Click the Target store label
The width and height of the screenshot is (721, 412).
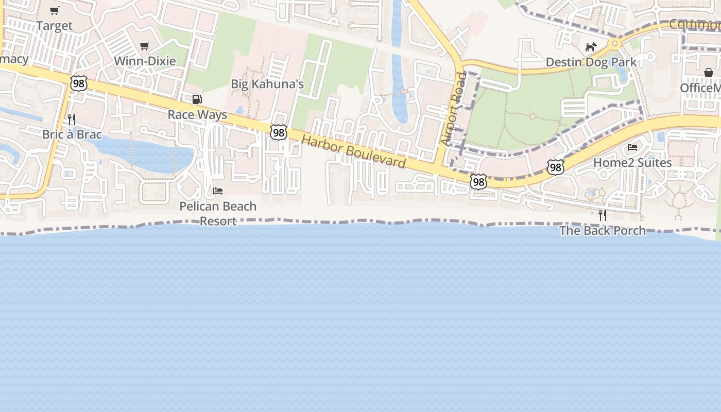pos(54,25)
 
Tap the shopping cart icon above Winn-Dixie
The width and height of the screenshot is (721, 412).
pos(145,46)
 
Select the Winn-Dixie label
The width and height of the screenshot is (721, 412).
pos(145,61)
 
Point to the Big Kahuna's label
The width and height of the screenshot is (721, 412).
pos(267,84)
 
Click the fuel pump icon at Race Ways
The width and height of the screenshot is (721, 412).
pos(197,99)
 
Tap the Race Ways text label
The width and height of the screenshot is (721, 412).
pos(197,114)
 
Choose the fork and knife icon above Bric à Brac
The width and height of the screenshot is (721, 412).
pos(72,119)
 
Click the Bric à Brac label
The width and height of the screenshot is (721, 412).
pos(72,134)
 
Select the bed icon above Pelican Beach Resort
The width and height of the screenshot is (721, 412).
pos(218,191)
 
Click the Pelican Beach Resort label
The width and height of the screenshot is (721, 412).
pos(218,213)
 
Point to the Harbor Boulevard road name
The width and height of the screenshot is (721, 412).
pos(353,151)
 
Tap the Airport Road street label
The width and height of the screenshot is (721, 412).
pos(453,108)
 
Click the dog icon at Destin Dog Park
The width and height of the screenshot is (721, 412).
pos(591,47)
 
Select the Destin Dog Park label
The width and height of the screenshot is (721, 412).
pos(591,62)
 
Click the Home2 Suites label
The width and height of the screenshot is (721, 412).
pos(632,163)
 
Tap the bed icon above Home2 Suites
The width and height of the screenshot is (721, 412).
pos(632,148)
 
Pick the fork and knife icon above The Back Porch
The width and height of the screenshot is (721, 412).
pos(603,215)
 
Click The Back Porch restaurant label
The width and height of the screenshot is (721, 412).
pos(603,230)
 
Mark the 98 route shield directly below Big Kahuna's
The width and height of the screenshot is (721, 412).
pos(279,132)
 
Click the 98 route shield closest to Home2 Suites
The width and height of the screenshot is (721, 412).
pos(555,167)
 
